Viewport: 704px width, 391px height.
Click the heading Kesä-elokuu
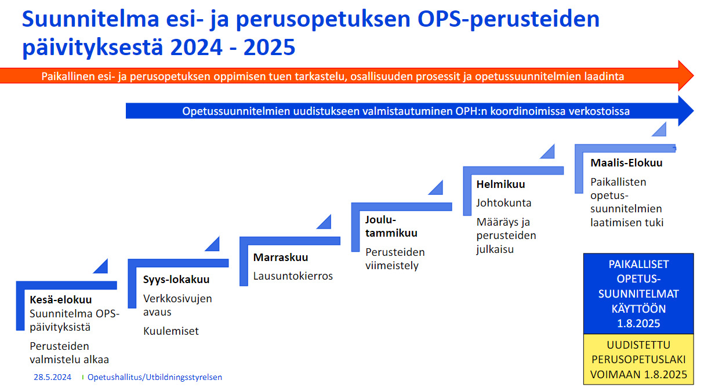61,300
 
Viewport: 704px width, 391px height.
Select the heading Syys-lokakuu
176,280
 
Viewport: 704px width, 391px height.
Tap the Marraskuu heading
281,258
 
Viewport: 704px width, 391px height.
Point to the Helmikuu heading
500,184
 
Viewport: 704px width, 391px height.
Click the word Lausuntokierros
293,276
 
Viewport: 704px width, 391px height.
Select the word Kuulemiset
171,331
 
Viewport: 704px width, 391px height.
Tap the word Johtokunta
503,203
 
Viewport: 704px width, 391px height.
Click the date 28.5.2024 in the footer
53,377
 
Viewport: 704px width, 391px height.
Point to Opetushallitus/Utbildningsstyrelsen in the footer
155,377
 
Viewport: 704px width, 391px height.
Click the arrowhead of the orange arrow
685,76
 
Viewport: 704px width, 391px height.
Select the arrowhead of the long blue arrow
685,111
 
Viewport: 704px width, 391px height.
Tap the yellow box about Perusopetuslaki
638,360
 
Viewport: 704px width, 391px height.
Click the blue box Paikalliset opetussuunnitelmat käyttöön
638,294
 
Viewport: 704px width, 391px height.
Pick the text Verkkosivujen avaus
177,305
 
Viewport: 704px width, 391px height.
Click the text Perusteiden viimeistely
395,259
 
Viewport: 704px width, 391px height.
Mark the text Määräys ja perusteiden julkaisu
506,236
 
